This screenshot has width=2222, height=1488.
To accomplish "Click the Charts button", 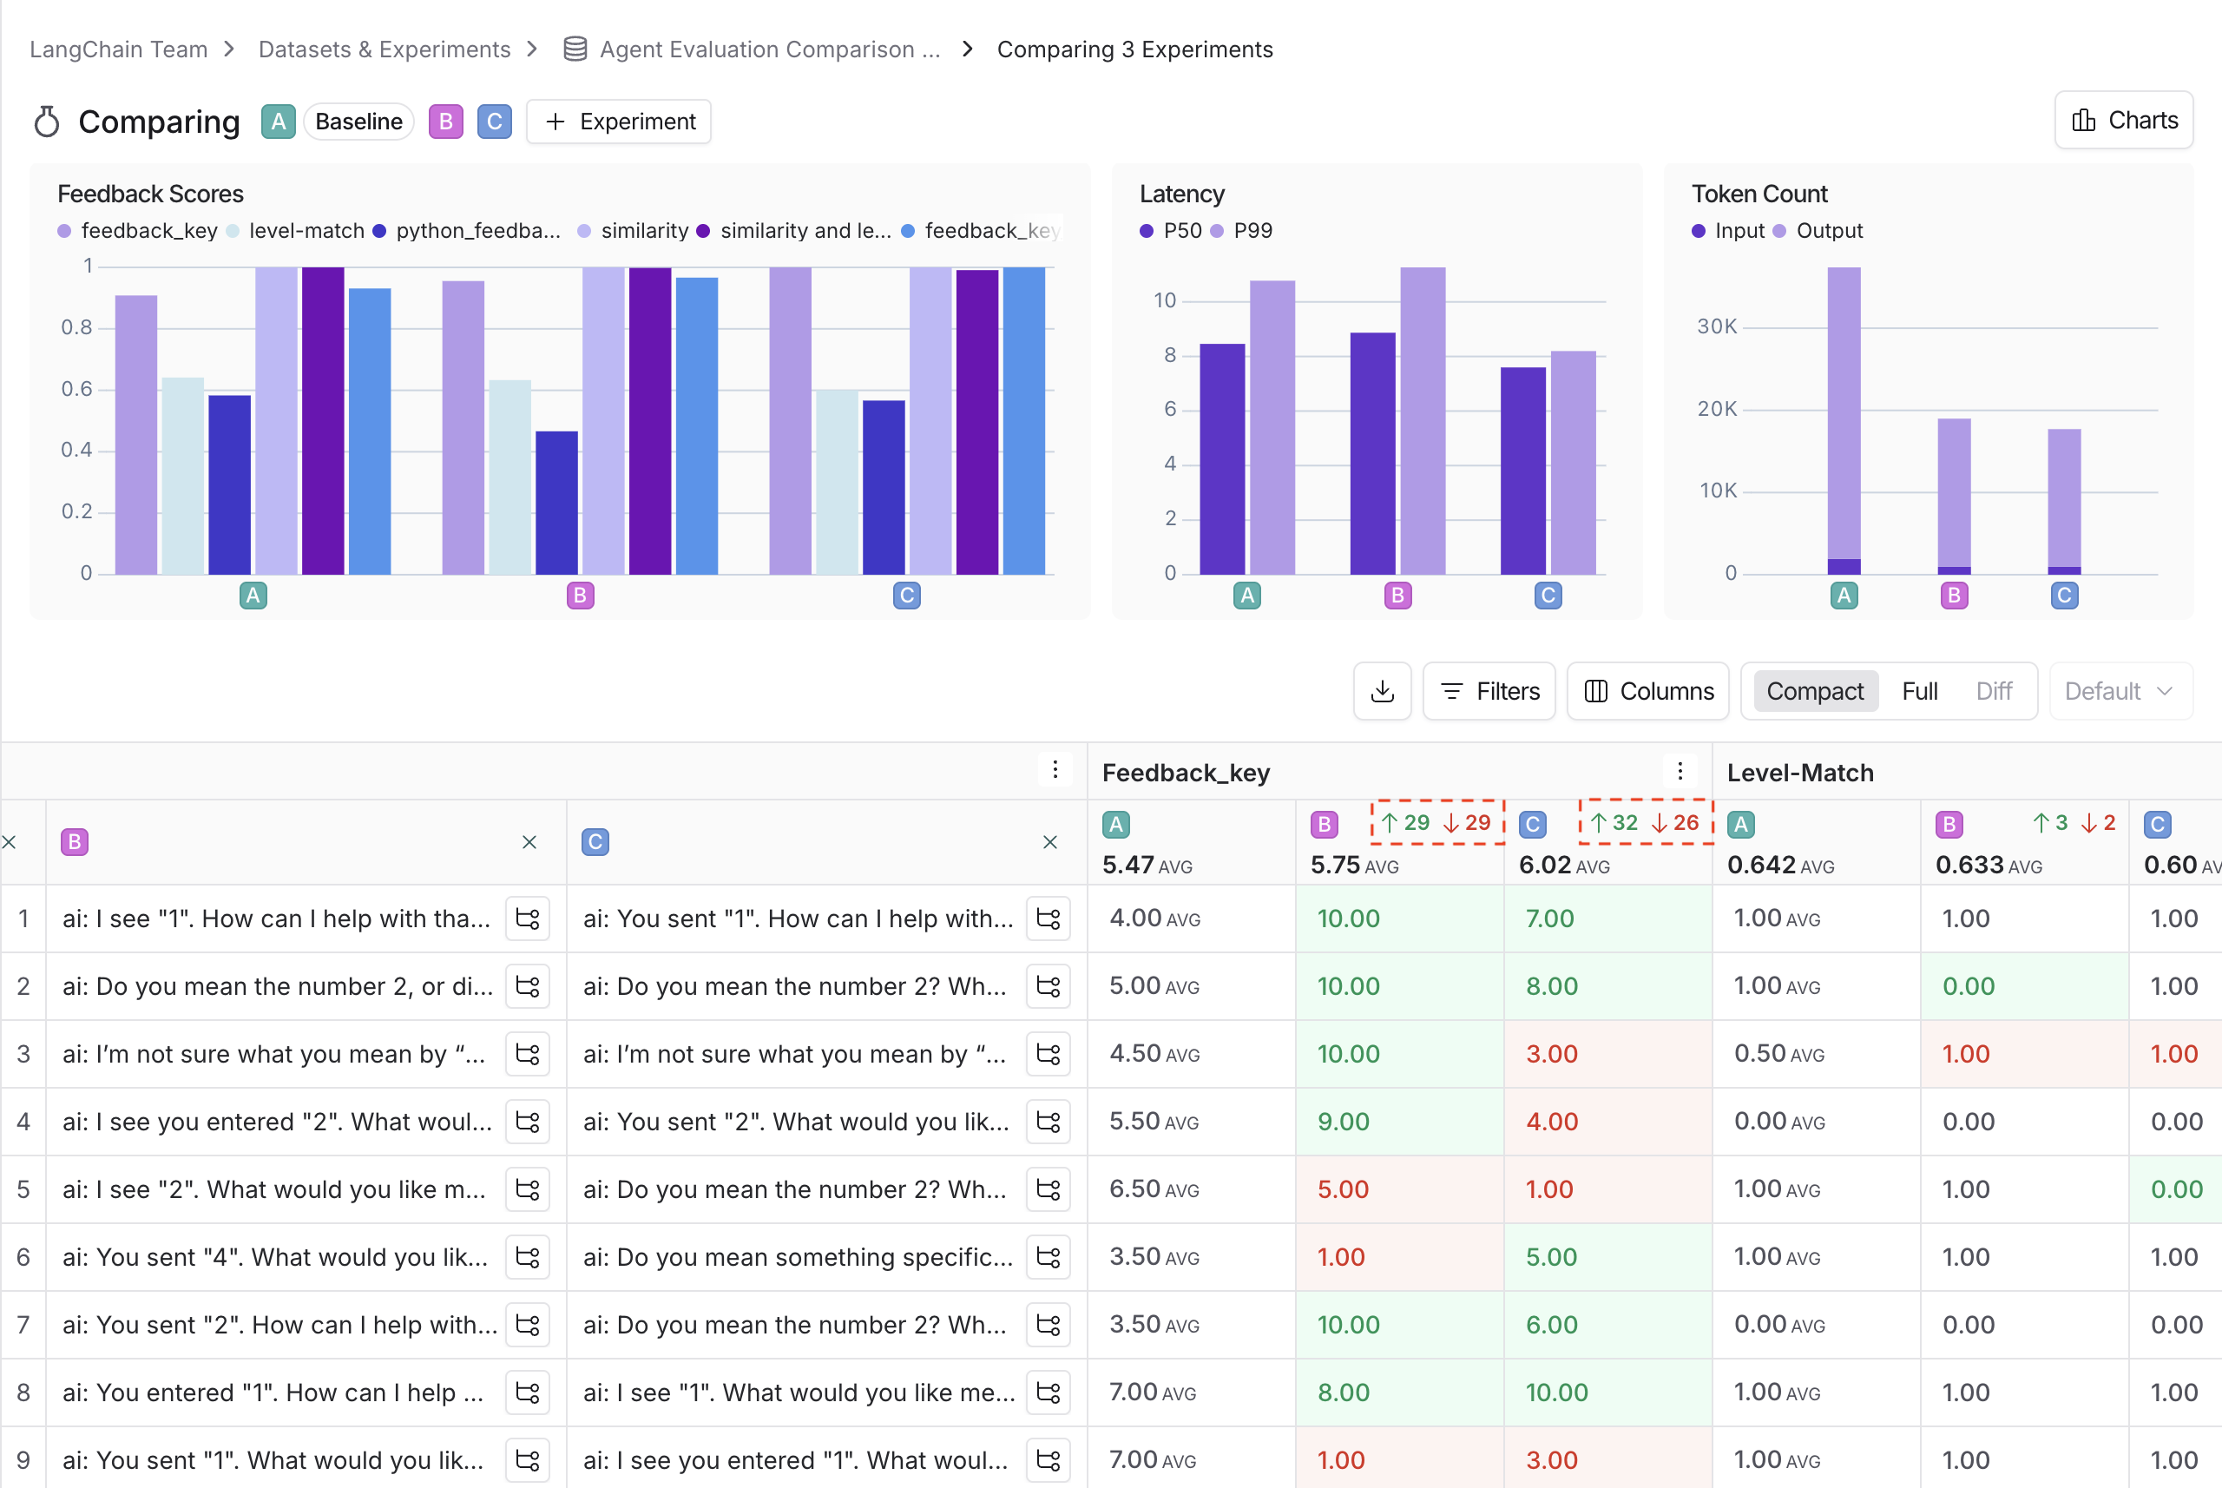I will click(2123, 121).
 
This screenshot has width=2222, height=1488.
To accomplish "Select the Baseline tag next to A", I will click(358, 122).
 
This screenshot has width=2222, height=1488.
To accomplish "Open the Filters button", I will click(1489, 691).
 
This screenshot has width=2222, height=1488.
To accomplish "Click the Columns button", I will click(1648, 691).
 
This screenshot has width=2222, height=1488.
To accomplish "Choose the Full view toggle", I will click(1919, 691).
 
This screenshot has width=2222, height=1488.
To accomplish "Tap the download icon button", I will click(1383, 691).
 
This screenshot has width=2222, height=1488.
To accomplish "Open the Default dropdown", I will click(2120, 691).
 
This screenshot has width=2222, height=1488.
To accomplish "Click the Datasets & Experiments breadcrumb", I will click(385, 49).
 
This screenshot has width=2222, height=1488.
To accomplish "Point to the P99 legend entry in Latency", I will click(1251, 231).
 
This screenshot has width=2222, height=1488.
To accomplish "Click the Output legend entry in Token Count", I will click(1827, 231).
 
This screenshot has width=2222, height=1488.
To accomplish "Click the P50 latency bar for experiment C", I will click(1522, 471).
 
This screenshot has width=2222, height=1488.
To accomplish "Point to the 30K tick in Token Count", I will click(1716, 326).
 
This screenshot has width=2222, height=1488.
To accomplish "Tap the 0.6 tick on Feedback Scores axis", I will click(77, 388).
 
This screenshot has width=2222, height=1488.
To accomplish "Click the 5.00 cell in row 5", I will click(1343, 1189).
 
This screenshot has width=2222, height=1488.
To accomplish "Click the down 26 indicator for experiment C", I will click(1675, 823).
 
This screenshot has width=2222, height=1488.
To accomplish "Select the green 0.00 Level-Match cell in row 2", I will click(1968, 986).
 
